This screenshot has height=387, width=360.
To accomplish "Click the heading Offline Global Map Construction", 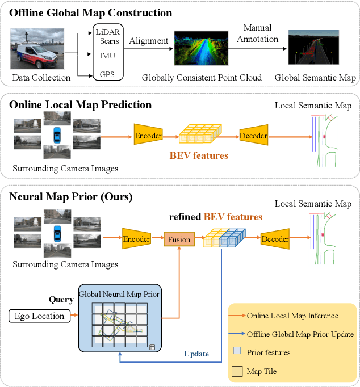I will coord(91,12).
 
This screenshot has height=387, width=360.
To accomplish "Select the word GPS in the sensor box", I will coord(107,74).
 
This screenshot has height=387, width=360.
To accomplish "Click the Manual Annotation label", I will coord(257,33).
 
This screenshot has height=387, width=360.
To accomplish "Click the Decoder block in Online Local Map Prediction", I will coord(254,136).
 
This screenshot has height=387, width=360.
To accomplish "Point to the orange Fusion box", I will coord(179,239).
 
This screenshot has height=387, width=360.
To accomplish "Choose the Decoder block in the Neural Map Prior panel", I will coord(275,239).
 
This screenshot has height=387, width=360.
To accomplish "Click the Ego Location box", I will coord(36,316).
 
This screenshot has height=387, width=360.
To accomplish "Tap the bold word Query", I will coord(61,300).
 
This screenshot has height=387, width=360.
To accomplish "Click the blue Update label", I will coord(196,354).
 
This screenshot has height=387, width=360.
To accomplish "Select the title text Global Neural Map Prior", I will coord(119,294).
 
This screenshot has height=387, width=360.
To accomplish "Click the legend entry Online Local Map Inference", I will coord(292,316).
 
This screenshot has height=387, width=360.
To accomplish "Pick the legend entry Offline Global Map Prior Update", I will coord(300,334).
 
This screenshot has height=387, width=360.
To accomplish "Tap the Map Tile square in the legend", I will coord(237,372).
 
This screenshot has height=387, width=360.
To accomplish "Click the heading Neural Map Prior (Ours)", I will coord(70,197).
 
